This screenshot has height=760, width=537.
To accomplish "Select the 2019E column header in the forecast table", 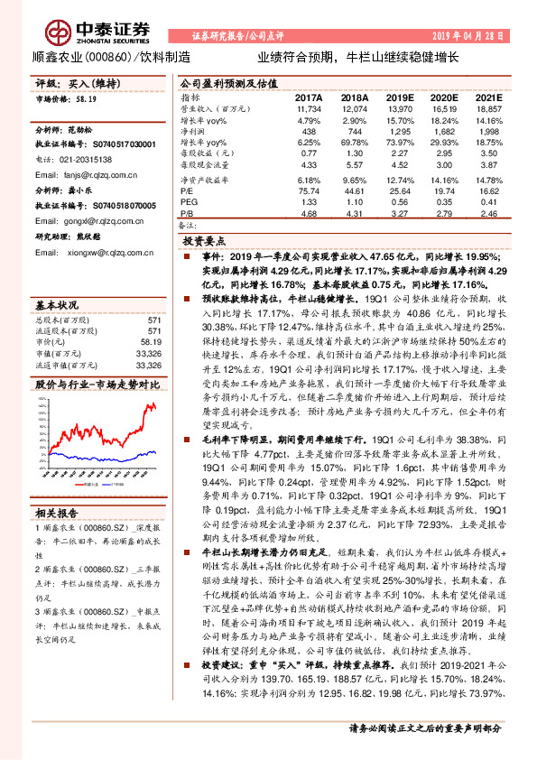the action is tap(398, 97).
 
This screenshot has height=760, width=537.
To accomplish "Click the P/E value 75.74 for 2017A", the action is tap(308, 191).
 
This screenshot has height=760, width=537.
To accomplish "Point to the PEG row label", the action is tap(189, 202).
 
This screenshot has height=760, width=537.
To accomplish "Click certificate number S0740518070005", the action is tap(116, 206).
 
